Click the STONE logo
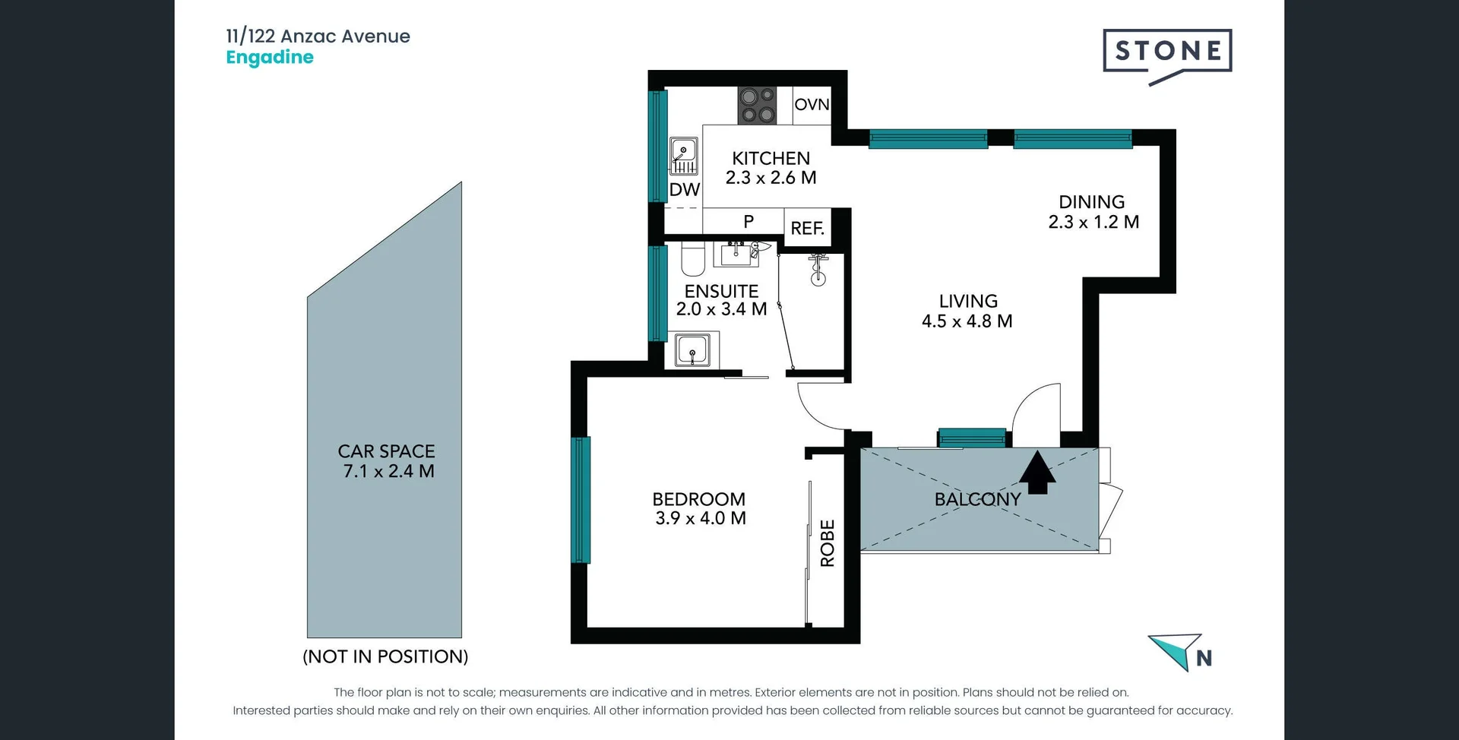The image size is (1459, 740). tap(1167, 52)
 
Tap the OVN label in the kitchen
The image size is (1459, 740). tap(812, 105)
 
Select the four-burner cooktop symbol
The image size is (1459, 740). tap(757, 106)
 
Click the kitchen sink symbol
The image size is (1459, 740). tap(684, 156)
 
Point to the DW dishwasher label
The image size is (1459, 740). tap(684, 190)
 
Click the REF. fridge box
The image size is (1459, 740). tap(807, 228)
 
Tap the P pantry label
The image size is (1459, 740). tap(748, 221)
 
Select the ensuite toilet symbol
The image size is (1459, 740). tap(692, 258)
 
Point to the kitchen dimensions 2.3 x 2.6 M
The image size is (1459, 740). tap(771, 178)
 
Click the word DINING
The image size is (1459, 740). tap(1091, 202)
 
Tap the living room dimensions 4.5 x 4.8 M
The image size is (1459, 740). tap(967, 321)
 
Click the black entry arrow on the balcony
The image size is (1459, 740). tap(1037, 473)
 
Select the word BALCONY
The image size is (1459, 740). tap(977, 499)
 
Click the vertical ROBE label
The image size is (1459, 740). tap(828, 543)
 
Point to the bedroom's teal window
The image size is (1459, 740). tap(581, 500)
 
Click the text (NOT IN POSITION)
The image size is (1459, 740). tap(385, 656)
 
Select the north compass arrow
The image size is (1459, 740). tap(1176, 651)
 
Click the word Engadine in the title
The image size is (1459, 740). tap(270, 58)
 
